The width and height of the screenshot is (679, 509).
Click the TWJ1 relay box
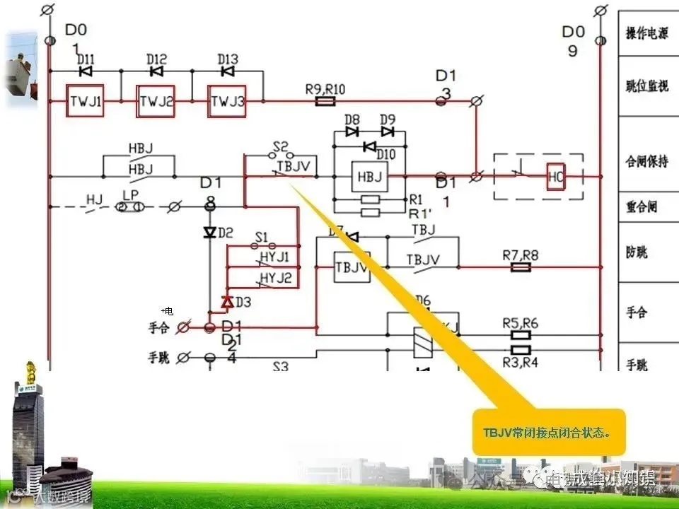(86, 102)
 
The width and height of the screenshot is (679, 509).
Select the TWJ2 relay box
(156, 102)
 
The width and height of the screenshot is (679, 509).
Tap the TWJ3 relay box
(227, 102)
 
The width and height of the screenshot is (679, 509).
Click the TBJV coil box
(352, 267)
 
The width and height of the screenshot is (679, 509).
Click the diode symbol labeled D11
(86, 71)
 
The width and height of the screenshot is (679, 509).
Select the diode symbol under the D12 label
(156, 71)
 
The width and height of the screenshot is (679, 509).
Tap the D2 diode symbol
(209, 233)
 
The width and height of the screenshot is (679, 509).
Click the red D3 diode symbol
(227, 303)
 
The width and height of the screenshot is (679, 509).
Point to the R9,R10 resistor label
(325, 89)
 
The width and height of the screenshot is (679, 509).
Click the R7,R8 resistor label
(520, 255)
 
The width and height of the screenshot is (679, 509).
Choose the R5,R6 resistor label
(520, 323)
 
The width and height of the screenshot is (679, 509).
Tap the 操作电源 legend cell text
(646, 33)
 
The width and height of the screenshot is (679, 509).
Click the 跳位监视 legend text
(646, 86)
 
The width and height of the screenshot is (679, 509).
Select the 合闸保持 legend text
(646, 162)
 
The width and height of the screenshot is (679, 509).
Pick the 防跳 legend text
(637, 252)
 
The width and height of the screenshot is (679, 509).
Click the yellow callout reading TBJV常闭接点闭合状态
(549, 432)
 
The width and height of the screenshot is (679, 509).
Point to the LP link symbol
(130, 206)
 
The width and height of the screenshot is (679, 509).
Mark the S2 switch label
(280, 147)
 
